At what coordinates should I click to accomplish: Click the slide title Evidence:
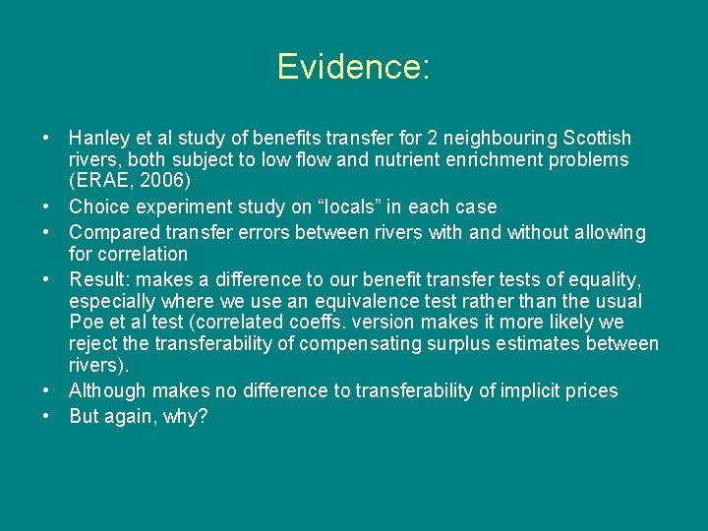coord(353,67)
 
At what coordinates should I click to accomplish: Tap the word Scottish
coord(595,139)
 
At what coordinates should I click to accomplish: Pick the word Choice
coord(96,207)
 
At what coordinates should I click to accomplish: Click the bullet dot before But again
coord(47,416)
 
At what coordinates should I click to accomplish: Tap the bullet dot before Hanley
coord(47,138)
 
